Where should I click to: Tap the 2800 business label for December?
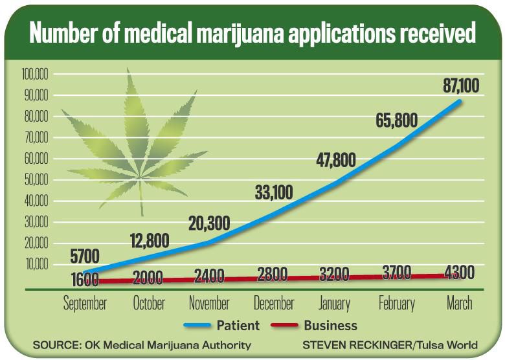tap(273, 275)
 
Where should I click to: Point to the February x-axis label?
tap(396, 303)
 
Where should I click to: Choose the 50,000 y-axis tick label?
tap(36, 180)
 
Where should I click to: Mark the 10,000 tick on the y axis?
tap(36, 264)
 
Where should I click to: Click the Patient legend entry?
tap(223, 325)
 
